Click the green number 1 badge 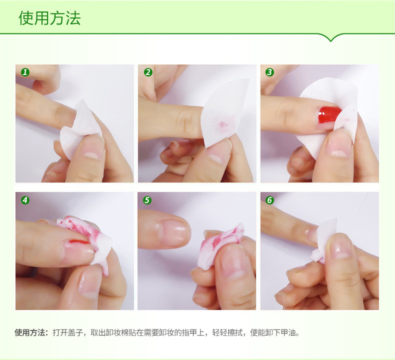(x=25, y=72)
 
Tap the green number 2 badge (x=148, y=72)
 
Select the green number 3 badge (x=269, y=72)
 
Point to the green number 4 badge (x=25, y=200)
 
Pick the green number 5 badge (x=147, y=200)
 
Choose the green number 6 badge (x=269, y=200)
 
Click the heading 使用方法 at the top (x=49, y=18)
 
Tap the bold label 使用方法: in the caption (x=31, y=332)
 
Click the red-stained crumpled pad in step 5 (x=219, y=245)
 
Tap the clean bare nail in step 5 (x=173, y=232)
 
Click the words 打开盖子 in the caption (x=68, y=332)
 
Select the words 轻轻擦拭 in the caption (x=227, y=332)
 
